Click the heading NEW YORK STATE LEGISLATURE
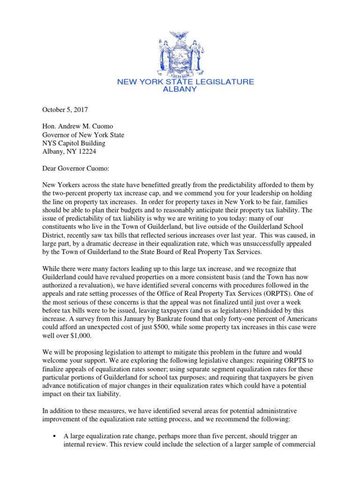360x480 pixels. (x=185, y=82)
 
